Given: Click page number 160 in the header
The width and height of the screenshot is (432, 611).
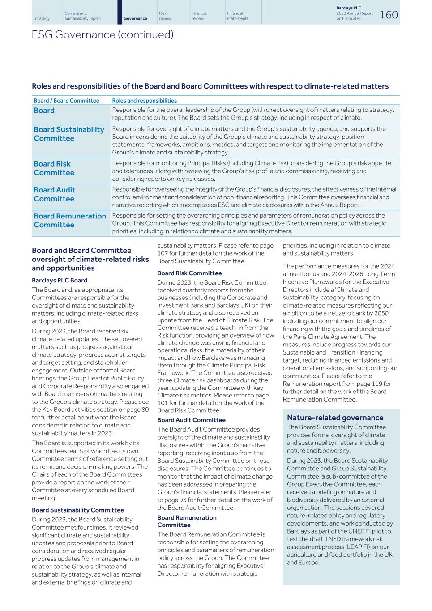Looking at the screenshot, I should pyautogui.click(x=389, y=15).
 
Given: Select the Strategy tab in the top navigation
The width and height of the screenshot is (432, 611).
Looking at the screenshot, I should pyautogui.click(x=42, y=19).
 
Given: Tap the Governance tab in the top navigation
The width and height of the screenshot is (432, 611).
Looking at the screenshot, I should pyautogui.click(x=135, y=19).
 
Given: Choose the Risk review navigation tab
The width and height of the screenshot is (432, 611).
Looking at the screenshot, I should pyautogui.click(x=165, y=16).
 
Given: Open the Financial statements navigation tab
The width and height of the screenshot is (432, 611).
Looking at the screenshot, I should pyautogui.click(x=238, y=16).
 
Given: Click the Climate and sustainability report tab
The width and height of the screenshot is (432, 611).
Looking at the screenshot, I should pyautogui.click(x=83, y=16).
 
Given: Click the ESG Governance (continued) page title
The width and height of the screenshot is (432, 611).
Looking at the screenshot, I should pyautogui.click(x=103, y=35).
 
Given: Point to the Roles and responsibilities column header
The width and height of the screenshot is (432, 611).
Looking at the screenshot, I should pyautogui.click(x=144, y=101).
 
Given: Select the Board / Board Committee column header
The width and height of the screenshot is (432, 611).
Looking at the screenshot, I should pyautogui.click(x=66, y=101).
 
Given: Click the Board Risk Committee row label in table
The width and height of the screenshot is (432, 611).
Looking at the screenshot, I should pyautogui.click(x=54, y=168).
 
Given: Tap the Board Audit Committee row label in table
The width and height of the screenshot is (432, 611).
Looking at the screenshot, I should pyautogui.click(x=54, y=194).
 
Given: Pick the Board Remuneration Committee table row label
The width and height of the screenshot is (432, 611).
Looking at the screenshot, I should pyautogui.click(x=70, y=220).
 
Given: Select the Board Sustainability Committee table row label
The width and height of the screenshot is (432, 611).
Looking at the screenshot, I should pyautogui.click(x=69, y=134).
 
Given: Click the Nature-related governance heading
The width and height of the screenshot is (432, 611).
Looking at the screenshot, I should pyautogui.click(x=335, y=418).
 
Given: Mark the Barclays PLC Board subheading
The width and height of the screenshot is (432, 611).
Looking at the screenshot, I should pyautogui.click(x=60, y=280).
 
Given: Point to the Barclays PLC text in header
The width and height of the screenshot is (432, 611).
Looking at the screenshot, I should pyautogui.click(x=348, y=8).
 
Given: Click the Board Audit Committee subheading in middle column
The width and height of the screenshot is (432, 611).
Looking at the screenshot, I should pyautogui.click(x=191, y=420).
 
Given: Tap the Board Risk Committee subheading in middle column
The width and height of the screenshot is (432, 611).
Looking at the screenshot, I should pyautogui.click(x=189, y=273).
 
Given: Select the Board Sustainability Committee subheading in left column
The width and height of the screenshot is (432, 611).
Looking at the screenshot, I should pyautogui.click(x=78, y=510).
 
